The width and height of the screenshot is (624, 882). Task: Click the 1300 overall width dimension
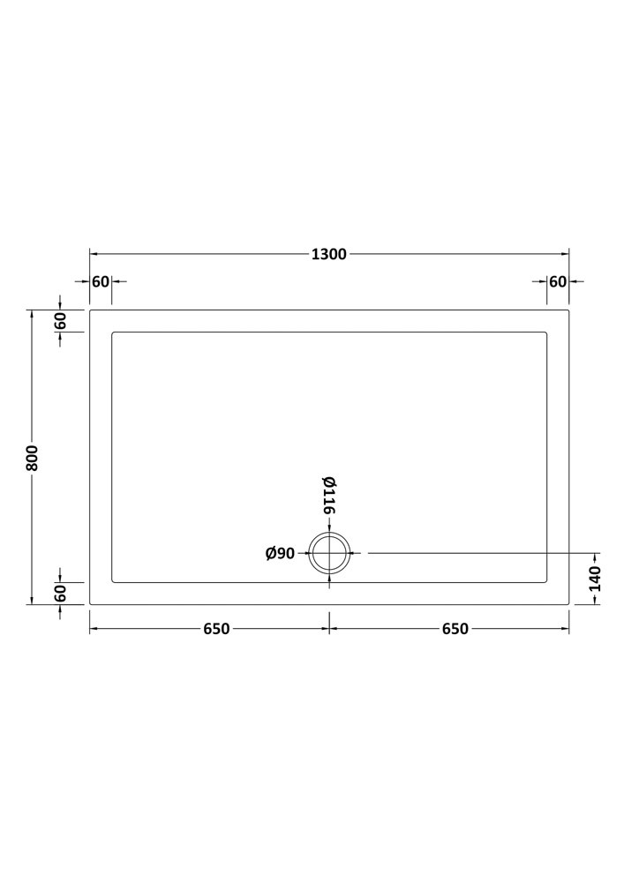[329, 254]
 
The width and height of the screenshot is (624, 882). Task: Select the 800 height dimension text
[32, 458]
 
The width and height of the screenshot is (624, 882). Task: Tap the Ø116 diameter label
[329, 495]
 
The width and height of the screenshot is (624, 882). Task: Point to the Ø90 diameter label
[280, 554]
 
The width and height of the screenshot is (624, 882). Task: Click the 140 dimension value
[595, 579]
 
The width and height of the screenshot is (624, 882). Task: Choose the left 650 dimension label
[216, 628]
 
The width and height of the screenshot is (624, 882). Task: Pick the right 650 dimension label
[455, 628]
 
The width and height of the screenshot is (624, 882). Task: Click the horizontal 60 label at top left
[101, 281]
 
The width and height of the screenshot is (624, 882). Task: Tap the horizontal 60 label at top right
[558, 281]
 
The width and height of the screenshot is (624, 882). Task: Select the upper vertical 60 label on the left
[60, 321]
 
